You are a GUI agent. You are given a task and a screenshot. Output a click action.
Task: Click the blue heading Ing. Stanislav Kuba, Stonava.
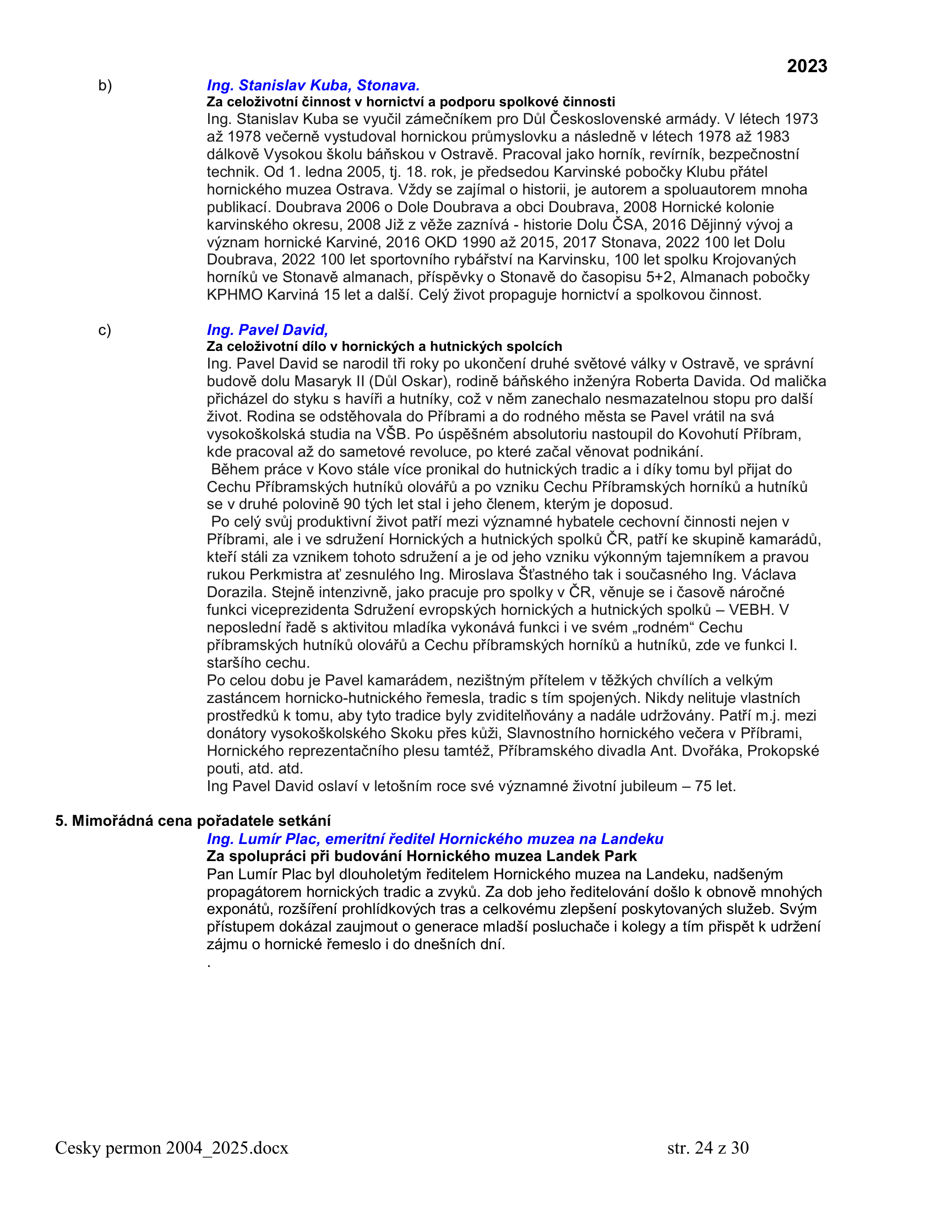(x=313, y=85)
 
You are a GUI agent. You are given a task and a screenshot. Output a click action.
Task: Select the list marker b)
(x=105, y=85)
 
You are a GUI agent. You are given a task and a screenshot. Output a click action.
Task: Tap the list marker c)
(x=104, y=330)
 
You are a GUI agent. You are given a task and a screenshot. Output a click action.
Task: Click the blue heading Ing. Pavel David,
(x=267, y=329)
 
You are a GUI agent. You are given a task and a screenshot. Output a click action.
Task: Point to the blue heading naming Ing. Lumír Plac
(x=435, y=838)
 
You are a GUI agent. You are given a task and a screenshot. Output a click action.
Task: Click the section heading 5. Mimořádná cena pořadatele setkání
(x=193, y=820)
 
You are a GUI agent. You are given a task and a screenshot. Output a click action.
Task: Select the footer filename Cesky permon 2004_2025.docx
(x=172, y=1147)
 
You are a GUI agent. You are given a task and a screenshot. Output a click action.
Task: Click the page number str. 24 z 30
(x=708, y=1147)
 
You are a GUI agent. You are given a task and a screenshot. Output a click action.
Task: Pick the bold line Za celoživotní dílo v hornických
(x=384, y=347)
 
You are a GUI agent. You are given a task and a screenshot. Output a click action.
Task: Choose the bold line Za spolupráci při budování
(x=421, y=856)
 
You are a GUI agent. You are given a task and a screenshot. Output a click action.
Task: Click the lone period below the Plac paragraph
(x=209, y=966)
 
